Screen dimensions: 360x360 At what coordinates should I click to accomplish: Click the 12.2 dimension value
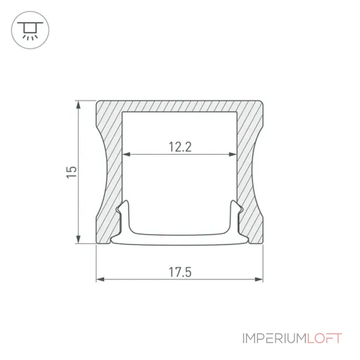(180, 147)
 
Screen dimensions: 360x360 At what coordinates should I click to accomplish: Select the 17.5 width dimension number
(180, 272)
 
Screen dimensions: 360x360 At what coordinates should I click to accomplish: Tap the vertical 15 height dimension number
(72, 172)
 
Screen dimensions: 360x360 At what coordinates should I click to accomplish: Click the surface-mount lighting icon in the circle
(30, 30)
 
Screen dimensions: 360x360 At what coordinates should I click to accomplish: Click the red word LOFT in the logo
(324, 338)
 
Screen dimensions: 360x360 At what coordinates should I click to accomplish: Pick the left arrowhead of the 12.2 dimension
(126, 154)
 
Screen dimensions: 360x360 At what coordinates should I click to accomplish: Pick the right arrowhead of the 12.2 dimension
(233, 154)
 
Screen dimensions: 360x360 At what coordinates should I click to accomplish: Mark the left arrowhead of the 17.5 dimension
(100, 279)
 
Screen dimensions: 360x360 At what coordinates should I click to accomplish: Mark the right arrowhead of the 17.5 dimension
(259, 279)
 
